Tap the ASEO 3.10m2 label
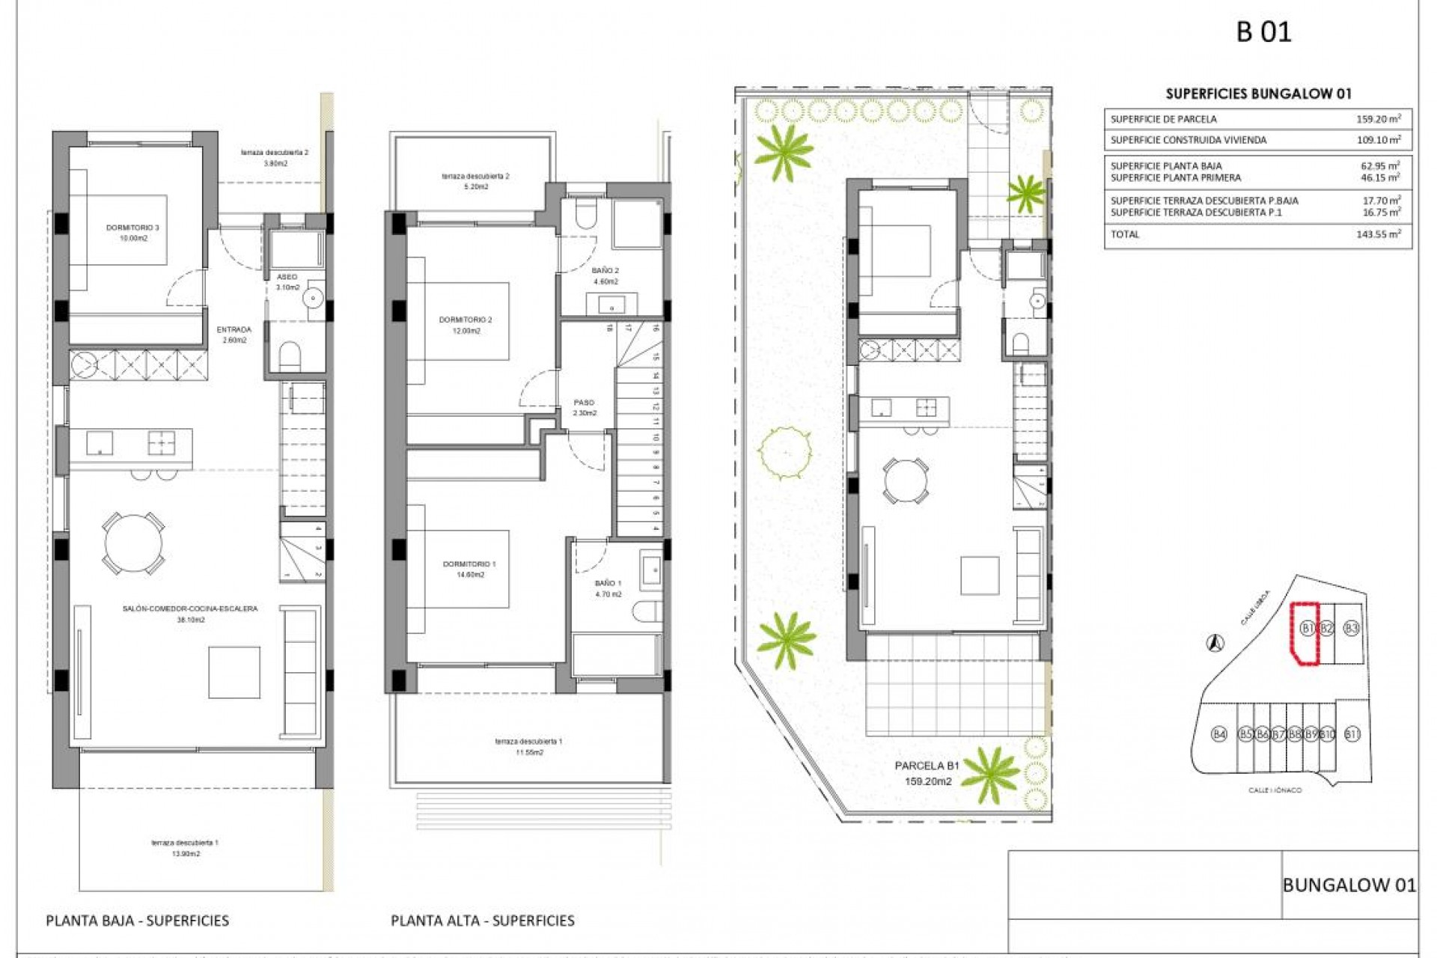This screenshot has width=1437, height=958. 287,282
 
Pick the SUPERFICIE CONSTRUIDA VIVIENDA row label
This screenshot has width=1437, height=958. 1189,140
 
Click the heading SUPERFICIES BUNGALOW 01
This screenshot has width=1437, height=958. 1258,94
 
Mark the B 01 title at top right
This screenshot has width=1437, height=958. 1263,32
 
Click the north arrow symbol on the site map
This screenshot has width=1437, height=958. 1215,642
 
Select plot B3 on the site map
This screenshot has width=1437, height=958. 1351,629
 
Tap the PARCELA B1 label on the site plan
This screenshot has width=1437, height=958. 927,766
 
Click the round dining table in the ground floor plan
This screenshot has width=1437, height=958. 134,543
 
